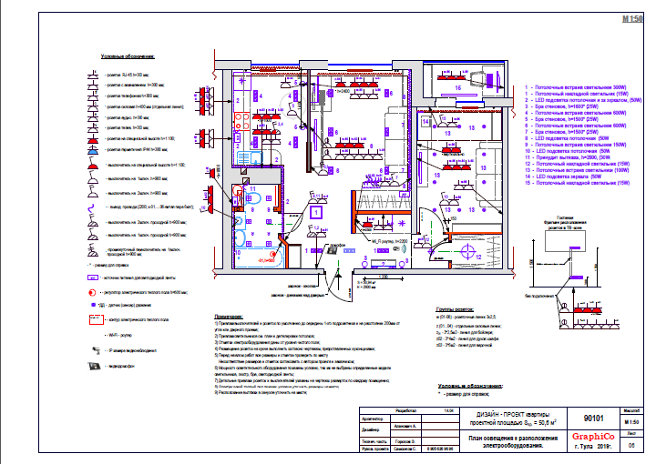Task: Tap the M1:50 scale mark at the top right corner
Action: click(631, 18)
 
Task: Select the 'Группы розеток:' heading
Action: click(456, 309)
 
